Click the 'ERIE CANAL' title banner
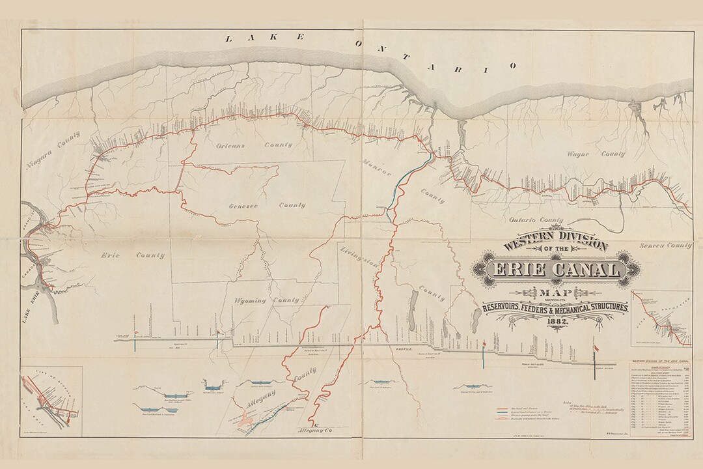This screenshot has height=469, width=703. point(557,270)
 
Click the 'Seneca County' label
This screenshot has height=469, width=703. point(665,246)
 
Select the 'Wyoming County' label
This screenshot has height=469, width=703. point(267,300)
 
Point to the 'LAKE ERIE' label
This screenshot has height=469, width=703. point(27,306)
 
